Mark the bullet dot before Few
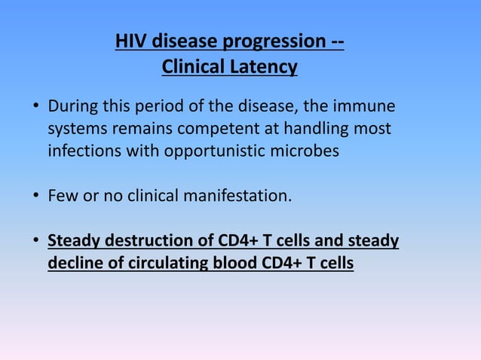tap(35, 197)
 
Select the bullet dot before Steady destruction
tap(35, 243)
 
